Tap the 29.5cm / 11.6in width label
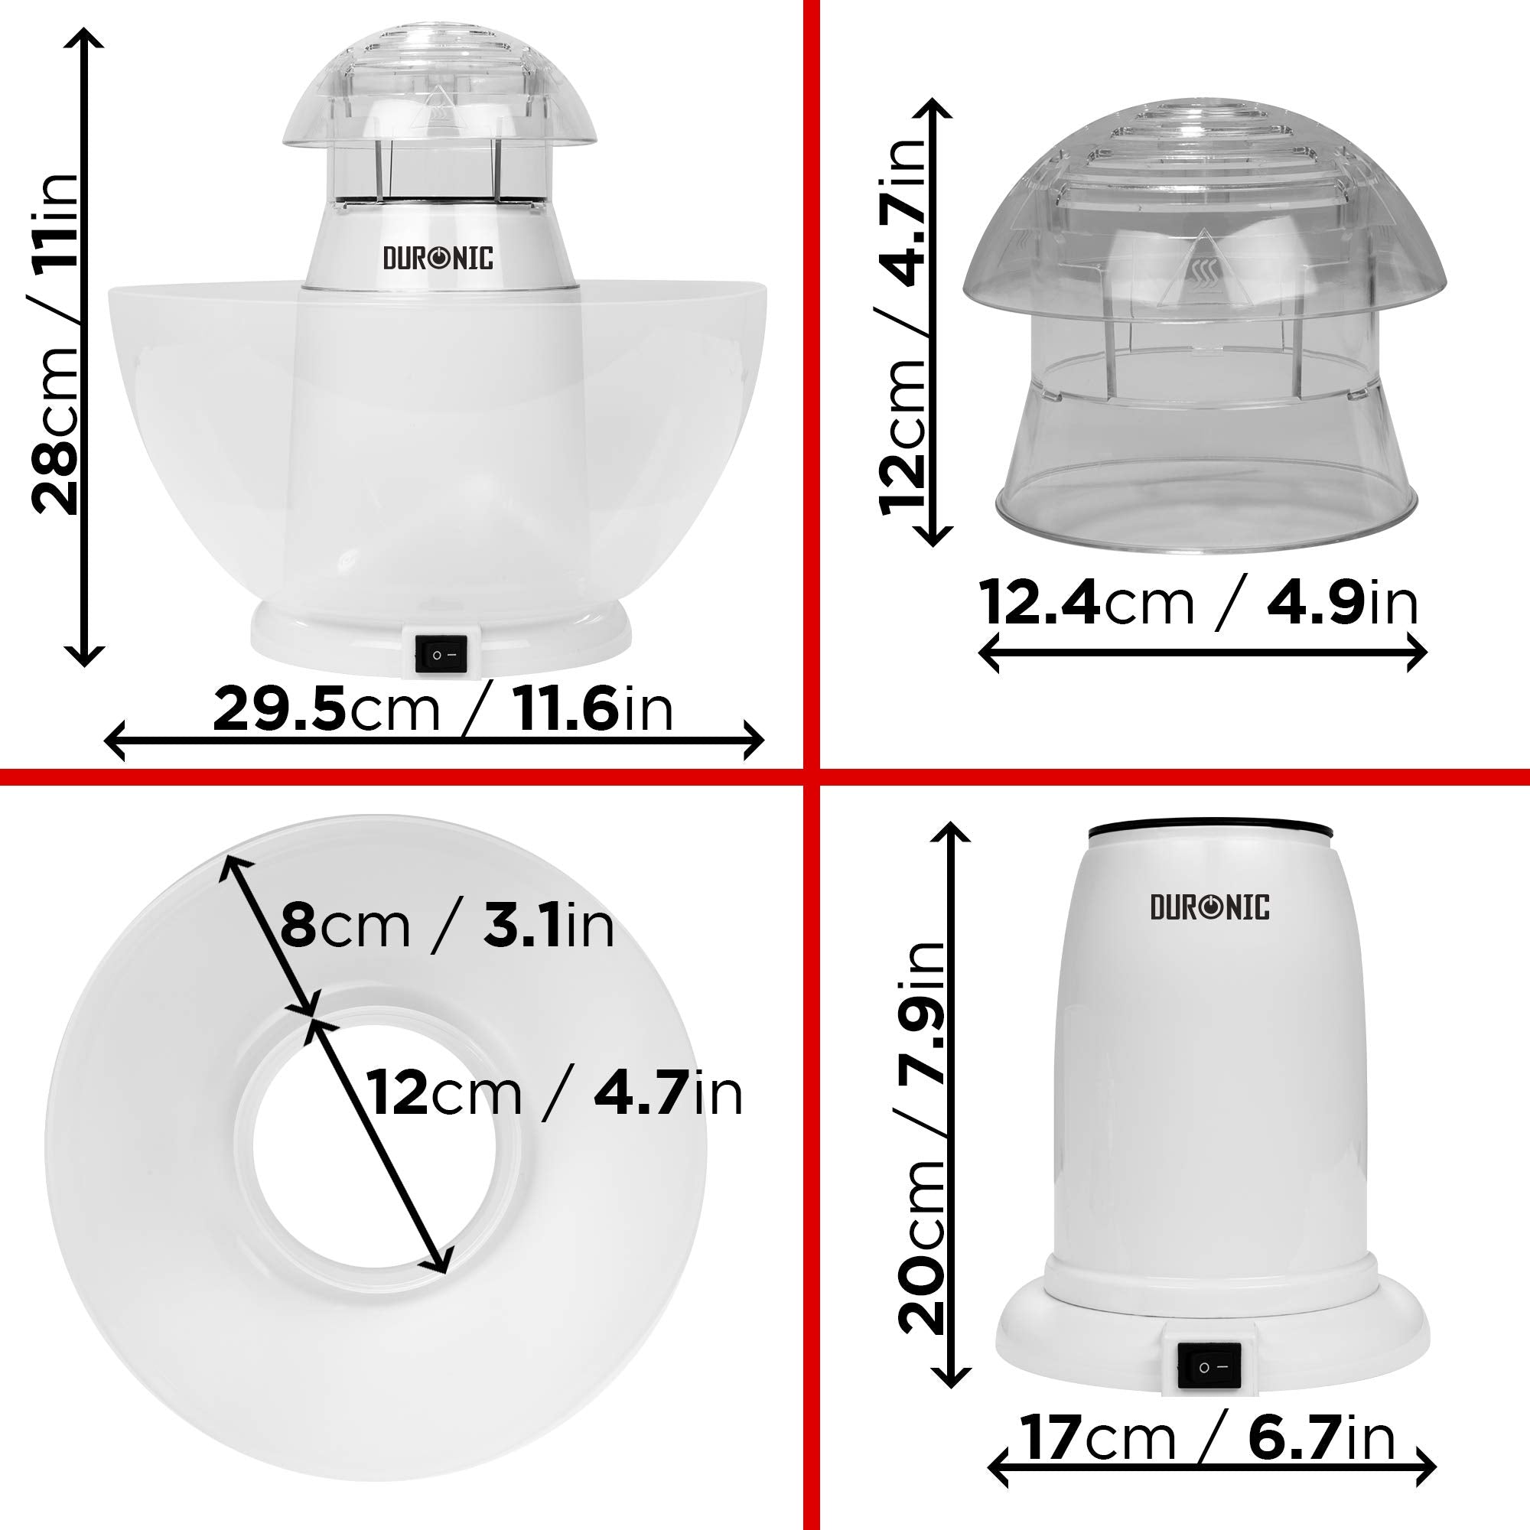[442, 710]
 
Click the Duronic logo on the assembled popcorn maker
[438, 258]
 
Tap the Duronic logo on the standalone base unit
[1209, 907]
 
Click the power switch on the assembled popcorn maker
[436, 654]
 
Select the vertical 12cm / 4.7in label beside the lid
[903, 324]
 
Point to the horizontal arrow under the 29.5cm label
[434, 741]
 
